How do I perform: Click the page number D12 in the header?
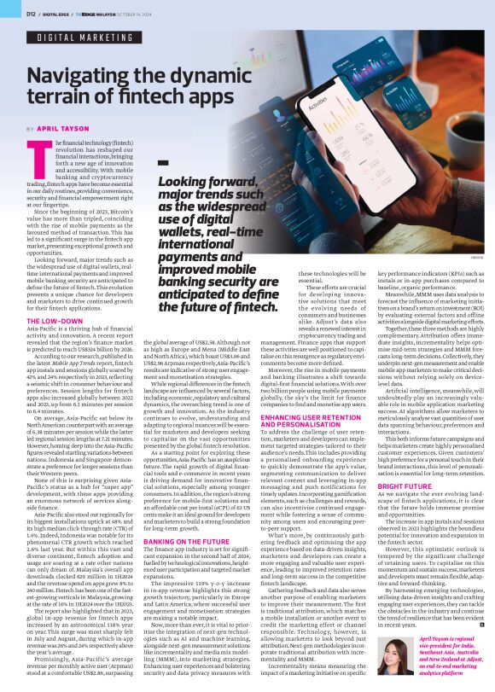30,14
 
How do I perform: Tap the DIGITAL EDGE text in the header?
58,15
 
